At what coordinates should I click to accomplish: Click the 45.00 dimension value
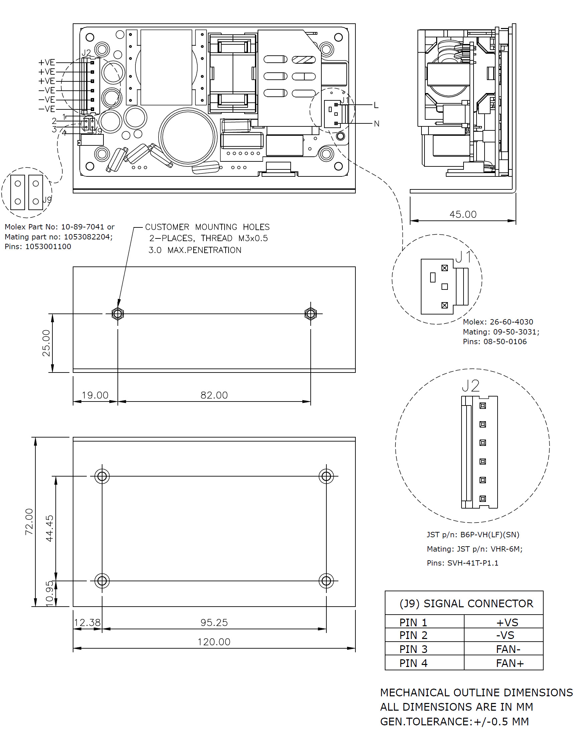[x=463, y=214]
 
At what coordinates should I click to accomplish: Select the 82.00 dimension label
[x=214, y=395]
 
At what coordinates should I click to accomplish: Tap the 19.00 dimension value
[x=95, y=395]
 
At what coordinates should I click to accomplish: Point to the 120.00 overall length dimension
[x=214, y=642]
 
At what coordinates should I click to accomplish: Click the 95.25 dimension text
[x=214, y=623]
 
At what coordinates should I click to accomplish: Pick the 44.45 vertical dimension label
[x=49, y=528]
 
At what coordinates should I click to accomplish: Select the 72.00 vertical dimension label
[x=29, y=522]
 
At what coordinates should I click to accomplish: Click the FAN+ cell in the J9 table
[x=510, y=663]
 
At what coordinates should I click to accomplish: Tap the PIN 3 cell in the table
[x=413, y=649]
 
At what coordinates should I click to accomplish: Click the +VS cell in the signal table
[x=507, y=623]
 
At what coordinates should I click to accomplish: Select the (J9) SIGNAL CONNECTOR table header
[x=466, y=604]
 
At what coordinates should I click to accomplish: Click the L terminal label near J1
[x=376, y=105]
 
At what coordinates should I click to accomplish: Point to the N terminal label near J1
[x=377, y=124]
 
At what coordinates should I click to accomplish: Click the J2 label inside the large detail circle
[x=471, y=386]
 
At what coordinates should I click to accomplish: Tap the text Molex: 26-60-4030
[x=498, y=322]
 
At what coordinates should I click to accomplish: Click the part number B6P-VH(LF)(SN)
[x=490, y=535]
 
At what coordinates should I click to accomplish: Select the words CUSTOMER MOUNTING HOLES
[x=207, y=227]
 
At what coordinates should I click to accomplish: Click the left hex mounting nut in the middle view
[x=117, y=313]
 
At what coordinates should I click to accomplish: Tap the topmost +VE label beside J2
[x=46, y=63]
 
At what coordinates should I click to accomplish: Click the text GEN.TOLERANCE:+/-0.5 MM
[x=454, y=721]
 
